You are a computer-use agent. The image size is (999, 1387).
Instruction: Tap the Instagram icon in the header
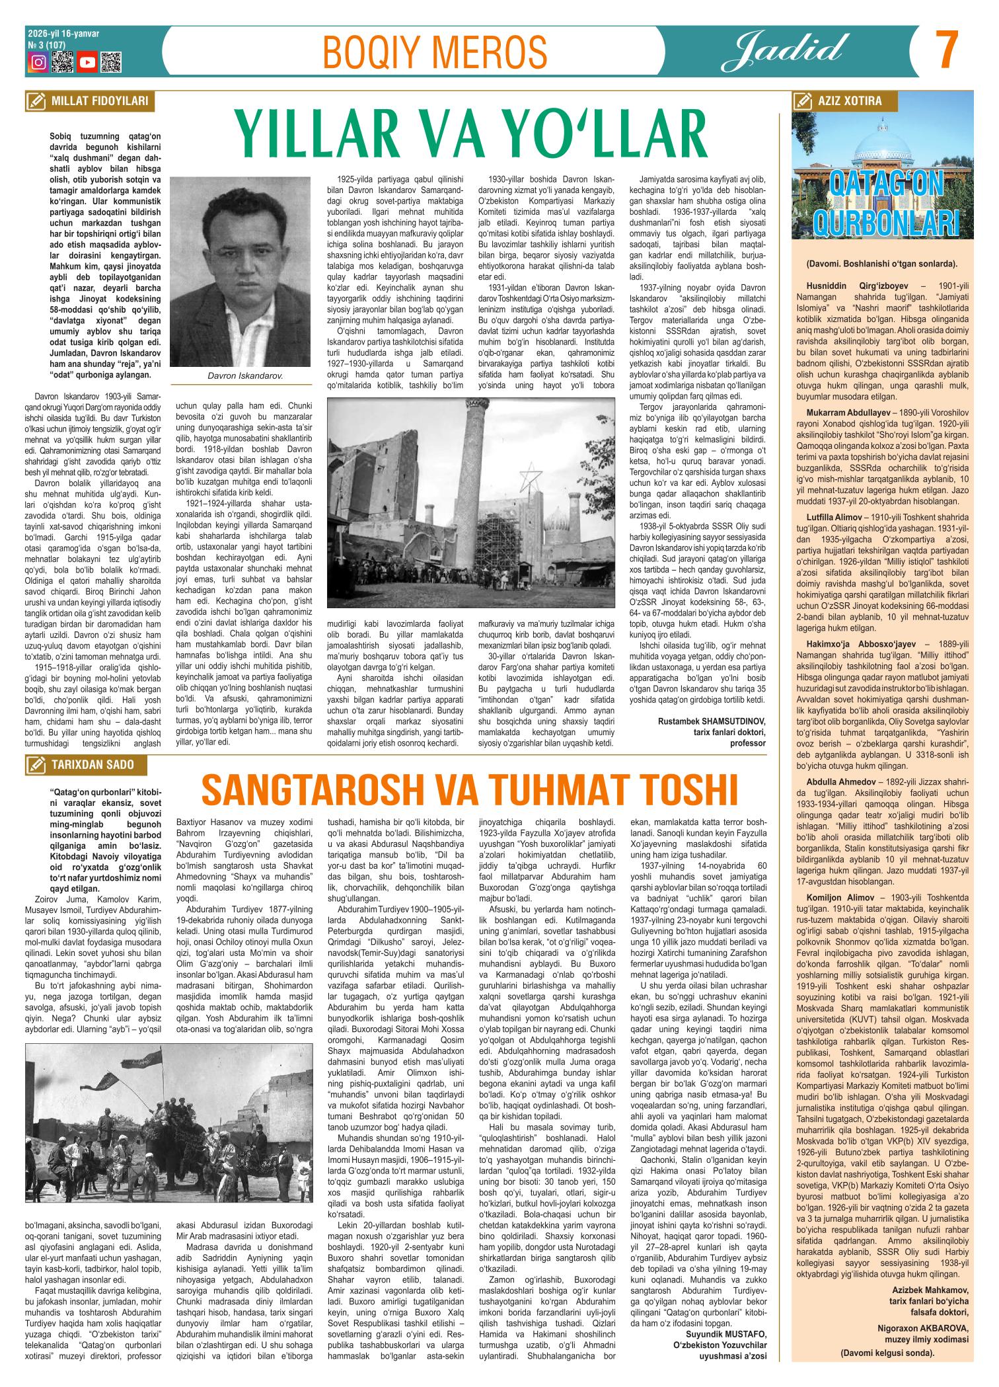coord(39,63)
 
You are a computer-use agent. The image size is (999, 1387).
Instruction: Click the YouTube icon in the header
coord(87,63)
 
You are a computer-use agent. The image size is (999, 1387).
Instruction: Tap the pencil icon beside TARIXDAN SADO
coord(32,765)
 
